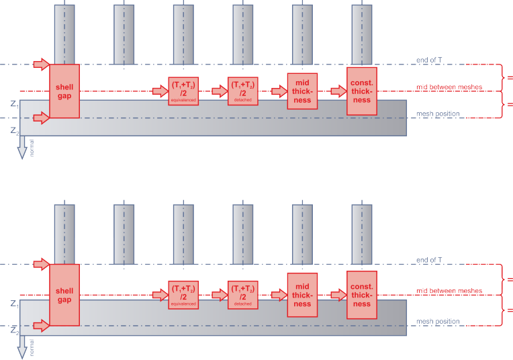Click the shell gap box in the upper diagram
point(64,91)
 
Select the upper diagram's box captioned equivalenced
point(183,91)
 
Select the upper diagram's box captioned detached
point(242,91)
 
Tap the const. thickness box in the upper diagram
point(361,91)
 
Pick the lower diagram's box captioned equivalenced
point(183,294)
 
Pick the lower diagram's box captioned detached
point(242,294)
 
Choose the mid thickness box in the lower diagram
point(302,294)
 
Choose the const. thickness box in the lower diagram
point(361,294)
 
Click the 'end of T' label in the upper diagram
point(429,60)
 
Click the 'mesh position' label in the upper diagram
point(438,114)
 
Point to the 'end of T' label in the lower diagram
point(429,260)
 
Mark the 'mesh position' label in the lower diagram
point(438,321)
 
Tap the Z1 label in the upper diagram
point(14,104)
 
